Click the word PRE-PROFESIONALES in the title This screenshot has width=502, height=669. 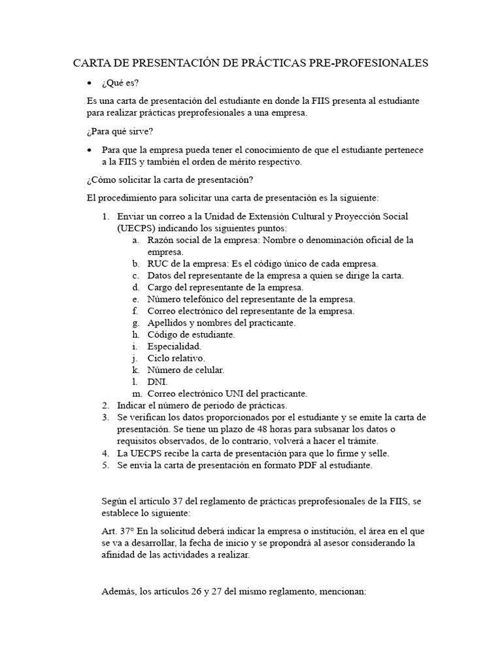click(370, 63)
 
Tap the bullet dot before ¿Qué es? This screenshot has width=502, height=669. click(90, 84)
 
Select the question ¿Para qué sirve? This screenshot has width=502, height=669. click(120, 132)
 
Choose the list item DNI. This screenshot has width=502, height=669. click(157, 382)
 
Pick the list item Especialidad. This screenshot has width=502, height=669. click(175, 346)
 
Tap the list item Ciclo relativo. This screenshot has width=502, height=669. click(176, 358)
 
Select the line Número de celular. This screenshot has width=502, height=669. click(186, 370)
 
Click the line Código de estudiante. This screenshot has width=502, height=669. click(191, 334)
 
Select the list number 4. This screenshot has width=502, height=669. click(105, 453)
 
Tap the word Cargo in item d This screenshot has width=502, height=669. click(161, 287)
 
